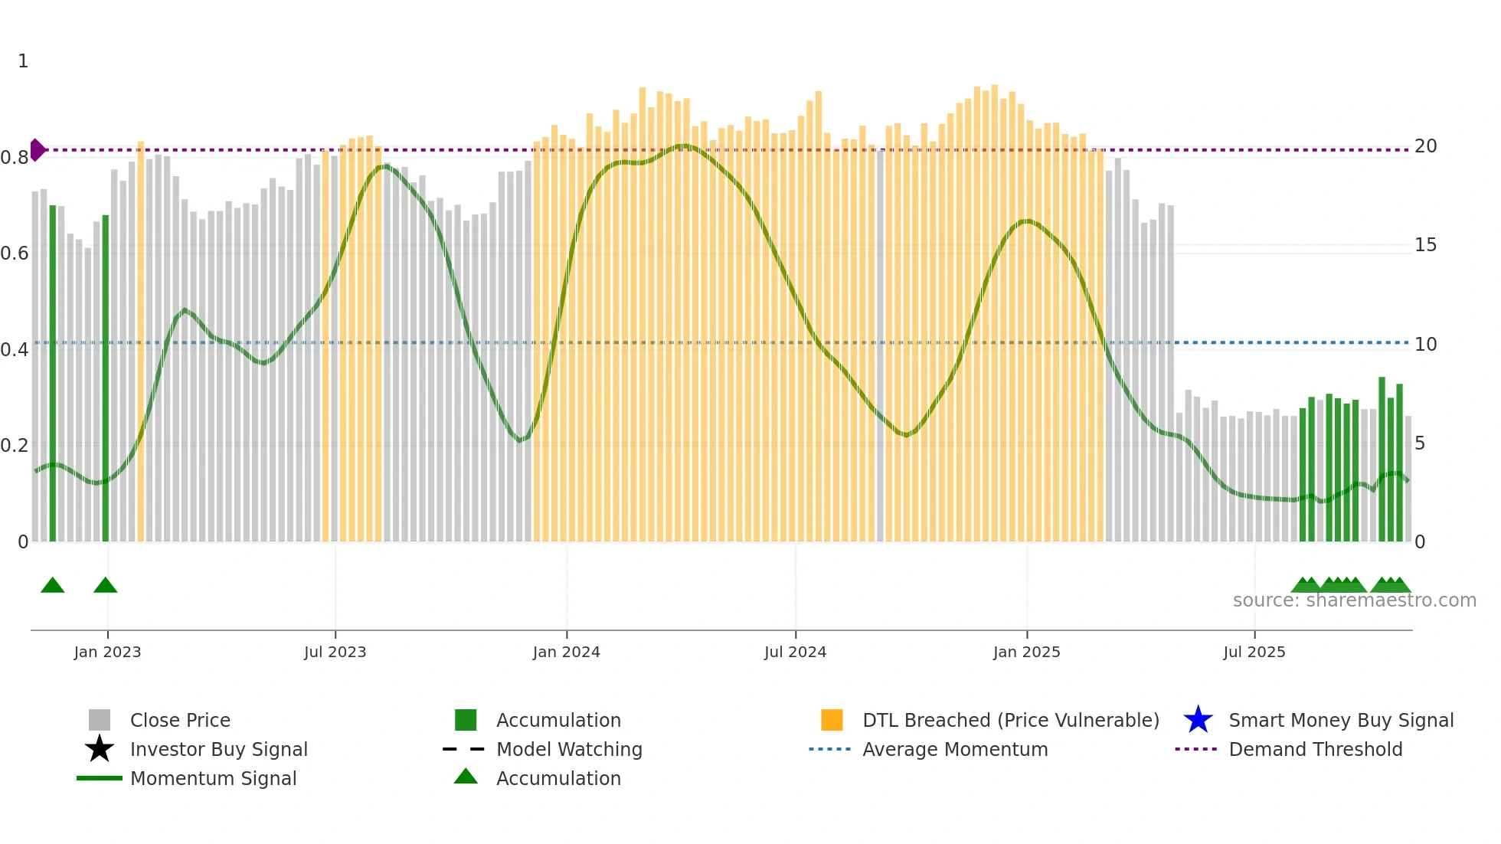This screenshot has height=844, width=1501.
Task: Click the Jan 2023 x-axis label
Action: point(107,652)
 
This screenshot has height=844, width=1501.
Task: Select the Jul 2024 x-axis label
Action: point(795,652)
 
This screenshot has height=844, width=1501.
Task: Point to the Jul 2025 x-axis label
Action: point(1254,652)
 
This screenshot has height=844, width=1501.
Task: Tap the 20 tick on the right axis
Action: point(1425,146)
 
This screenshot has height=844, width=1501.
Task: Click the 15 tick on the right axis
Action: point(1425,245)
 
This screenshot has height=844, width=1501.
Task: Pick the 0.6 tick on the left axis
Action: point(15,254)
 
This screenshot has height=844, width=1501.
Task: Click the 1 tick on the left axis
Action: point(23,61)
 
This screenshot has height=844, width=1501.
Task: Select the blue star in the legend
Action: point(1198,720)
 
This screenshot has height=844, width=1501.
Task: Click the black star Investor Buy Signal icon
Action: point(100,749)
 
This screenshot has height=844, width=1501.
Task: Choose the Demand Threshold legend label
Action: point(1315,749)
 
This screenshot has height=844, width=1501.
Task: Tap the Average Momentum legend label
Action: point(954,749)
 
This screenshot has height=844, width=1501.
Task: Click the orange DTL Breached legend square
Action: point(832,720)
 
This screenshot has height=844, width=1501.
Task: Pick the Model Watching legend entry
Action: point(568,749)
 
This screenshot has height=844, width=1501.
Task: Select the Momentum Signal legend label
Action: point(213,778)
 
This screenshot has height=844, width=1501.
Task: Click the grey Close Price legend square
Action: point(100,720)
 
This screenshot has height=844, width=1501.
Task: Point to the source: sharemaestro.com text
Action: point(1354,600)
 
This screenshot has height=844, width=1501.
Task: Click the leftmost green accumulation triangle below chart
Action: point(52,586)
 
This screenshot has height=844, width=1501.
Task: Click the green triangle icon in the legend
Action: point(466,777)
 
